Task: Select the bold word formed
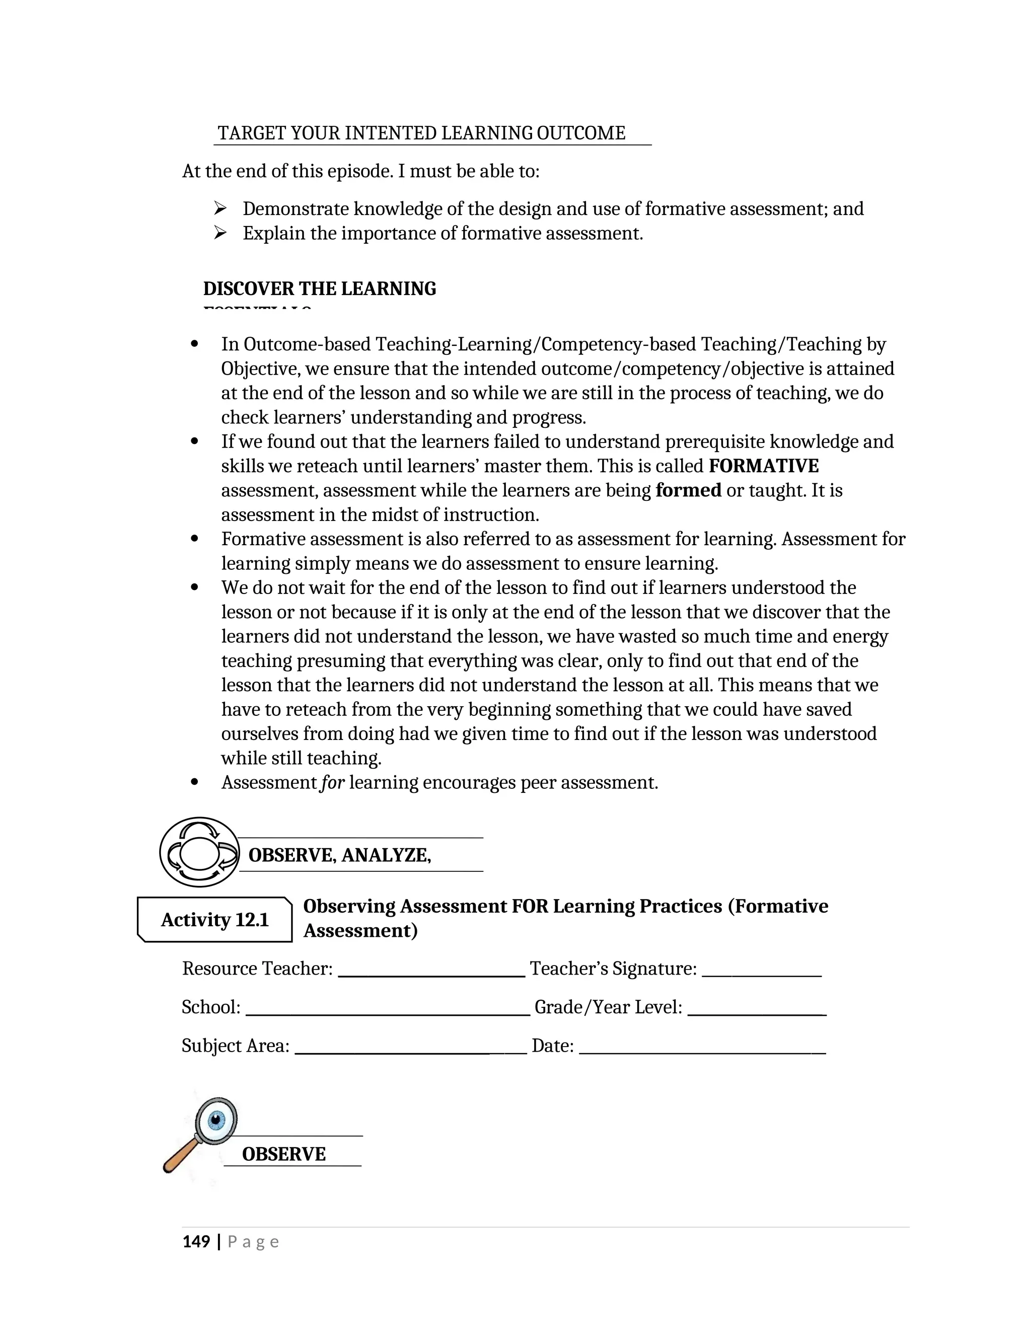[688, 490]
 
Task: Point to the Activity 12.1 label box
[214, 919]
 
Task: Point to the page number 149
[196, 1242]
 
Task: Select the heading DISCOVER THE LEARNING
[320, 288]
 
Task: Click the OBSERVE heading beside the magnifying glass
[283, 1154]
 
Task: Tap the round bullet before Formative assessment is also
[195, 539]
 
